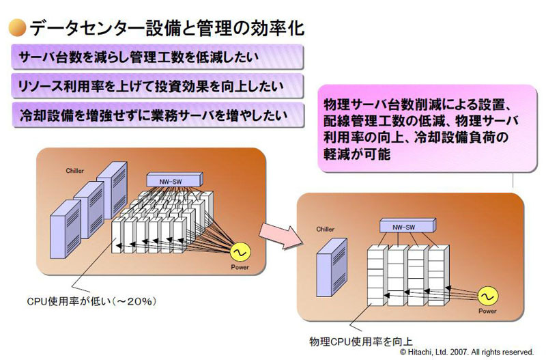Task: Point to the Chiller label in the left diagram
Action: click(x=75, y=168)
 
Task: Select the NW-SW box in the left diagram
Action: click(x=175, y=180)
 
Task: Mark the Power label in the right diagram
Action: click(x=487, y=312)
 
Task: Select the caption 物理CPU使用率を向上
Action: click(x=359, y=340)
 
